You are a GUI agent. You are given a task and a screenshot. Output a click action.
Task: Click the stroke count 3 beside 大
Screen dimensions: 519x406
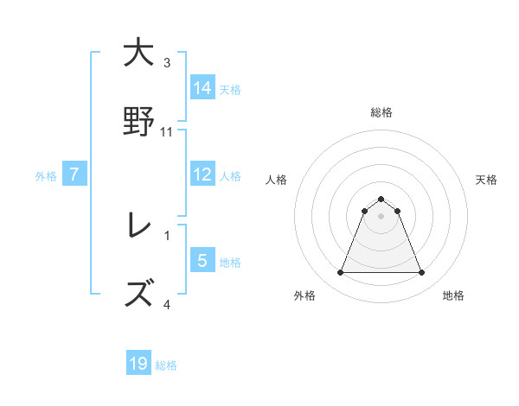click(167, 63)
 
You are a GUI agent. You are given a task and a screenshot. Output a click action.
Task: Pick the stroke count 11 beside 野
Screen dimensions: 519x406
click(167, 132)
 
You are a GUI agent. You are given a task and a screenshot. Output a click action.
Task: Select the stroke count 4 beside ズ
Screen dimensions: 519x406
click(167, 303)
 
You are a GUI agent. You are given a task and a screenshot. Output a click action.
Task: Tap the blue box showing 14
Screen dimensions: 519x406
click(202, 87)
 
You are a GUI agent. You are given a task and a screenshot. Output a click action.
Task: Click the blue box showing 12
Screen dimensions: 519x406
click(202, 174)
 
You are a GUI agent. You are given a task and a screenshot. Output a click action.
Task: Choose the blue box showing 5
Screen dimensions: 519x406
click(202, 260)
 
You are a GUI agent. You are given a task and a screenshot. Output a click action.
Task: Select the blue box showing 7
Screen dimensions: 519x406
click(74, 174)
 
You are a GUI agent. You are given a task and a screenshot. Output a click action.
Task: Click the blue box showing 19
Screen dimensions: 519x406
click(138, 364)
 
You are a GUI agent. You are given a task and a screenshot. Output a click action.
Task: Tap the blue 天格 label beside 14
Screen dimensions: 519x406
click(230, 89)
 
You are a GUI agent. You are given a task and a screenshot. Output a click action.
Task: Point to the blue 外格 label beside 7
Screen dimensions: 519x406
click(46, 176)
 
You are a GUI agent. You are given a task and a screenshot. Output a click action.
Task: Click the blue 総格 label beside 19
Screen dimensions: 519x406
click(166, 365)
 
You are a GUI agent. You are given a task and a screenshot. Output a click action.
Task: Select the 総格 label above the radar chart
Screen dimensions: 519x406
click(381, 112)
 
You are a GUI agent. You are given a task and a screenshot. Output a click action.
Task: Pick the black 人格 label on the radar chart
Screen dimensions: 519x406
click(277, 180)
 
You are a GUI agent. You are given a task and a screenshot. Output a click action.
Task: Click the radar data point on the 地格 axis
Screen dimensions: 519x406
click(421, 273)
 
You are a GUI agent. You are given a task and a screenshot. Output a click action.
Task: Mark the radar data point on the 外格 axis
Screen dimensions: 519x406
click(340, 273)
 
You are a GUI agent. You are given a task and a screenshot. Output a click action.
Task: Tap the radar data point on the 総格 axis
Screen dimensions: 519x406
click(381, 199)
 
